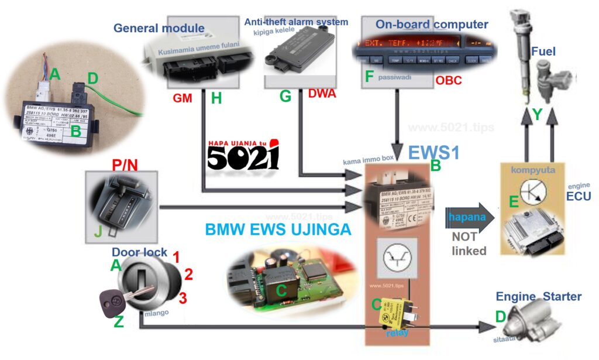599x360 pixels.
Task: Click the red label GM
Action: point(183,98)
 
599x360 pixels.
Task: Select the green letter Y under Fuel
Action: point(536,115)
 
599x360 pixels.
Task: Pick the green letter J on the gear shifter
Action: point(98,232)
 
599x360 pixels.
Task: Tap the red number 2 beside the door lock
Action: point(188,273)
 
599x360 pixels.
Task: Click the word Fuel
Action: point(543,53)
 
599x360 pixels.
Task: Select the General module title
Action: point(159,28)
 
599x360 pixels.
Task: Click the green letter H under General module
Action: point(216,98)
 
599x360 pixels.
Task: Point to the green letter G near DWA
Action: point(285,97)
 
